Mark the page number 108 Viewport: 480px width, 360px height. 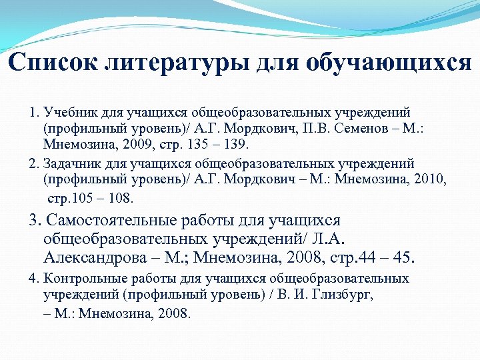point(122,198)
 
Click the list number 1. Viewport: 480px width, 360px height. point(32,111)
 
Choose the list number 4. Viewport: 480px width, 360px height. point(32,278)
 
